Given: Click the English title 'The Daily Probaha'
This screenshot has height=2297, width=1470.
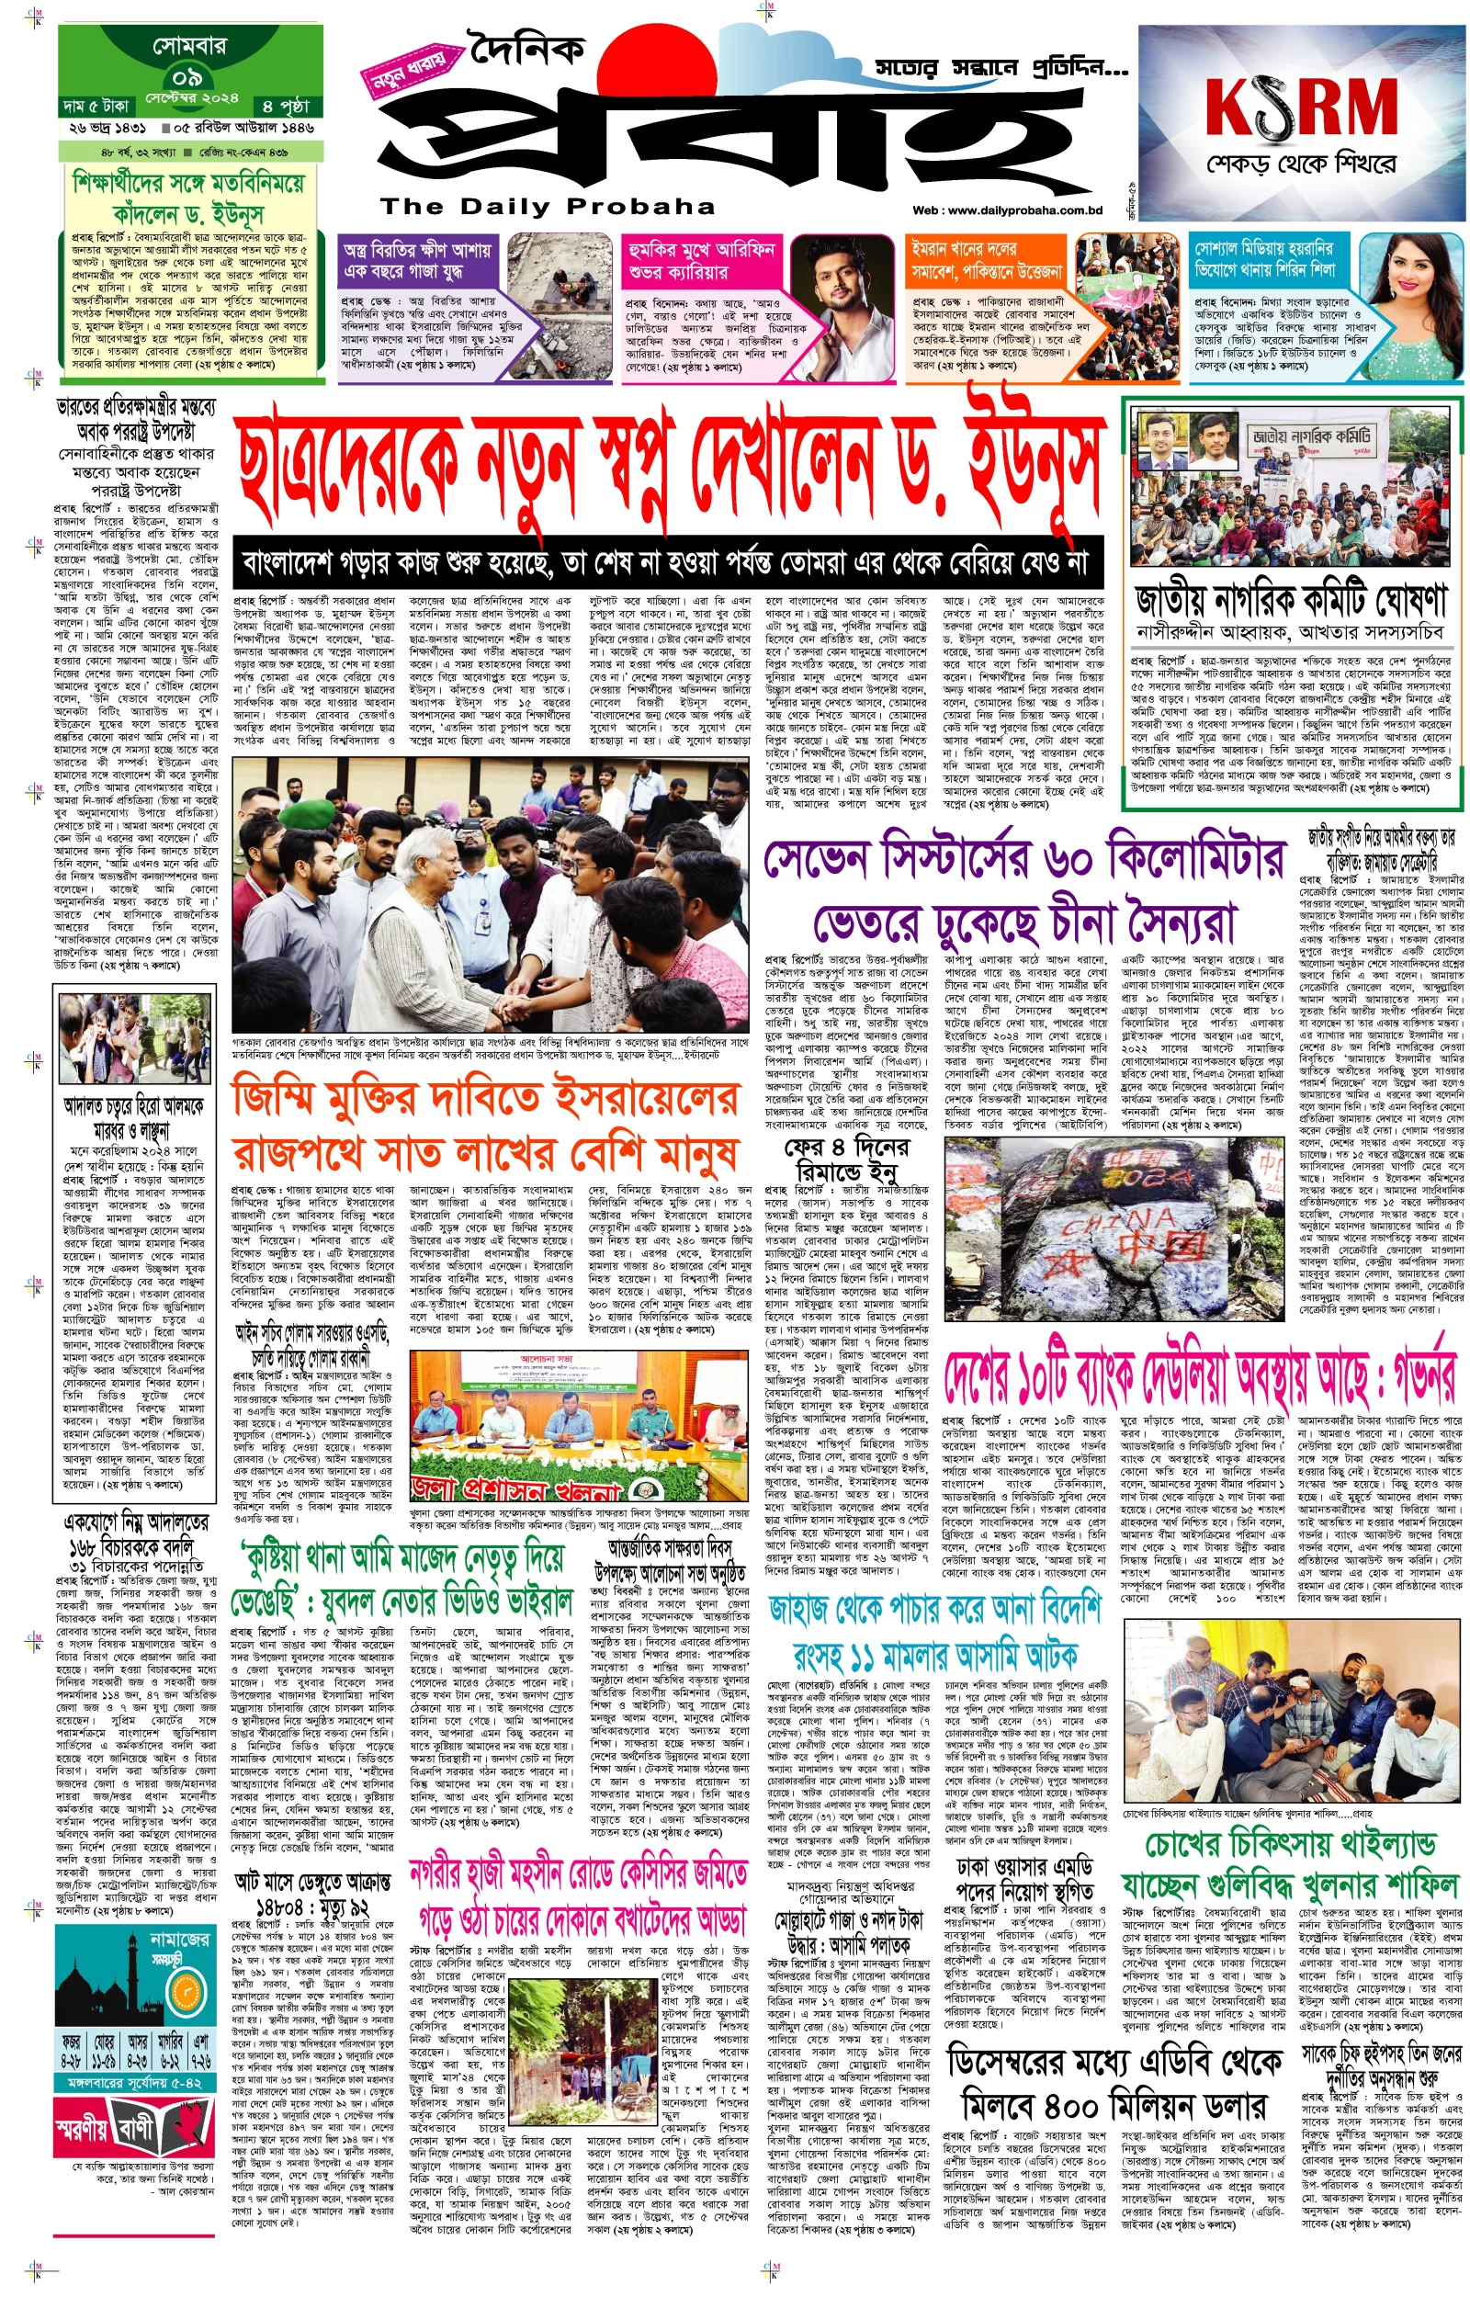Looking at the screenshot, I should pos(547,206).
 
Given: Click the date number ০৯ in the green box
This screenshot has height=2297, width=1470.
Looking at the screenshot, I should pos(187,76).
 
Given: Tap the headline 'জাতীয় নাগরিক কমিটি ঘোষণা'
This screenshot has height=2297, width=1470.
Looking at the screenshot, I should pos(1292,602).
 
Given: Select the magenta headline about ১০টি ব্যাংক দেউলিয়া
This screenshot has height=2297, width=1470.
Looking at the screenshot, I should pos(1199,1378).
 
